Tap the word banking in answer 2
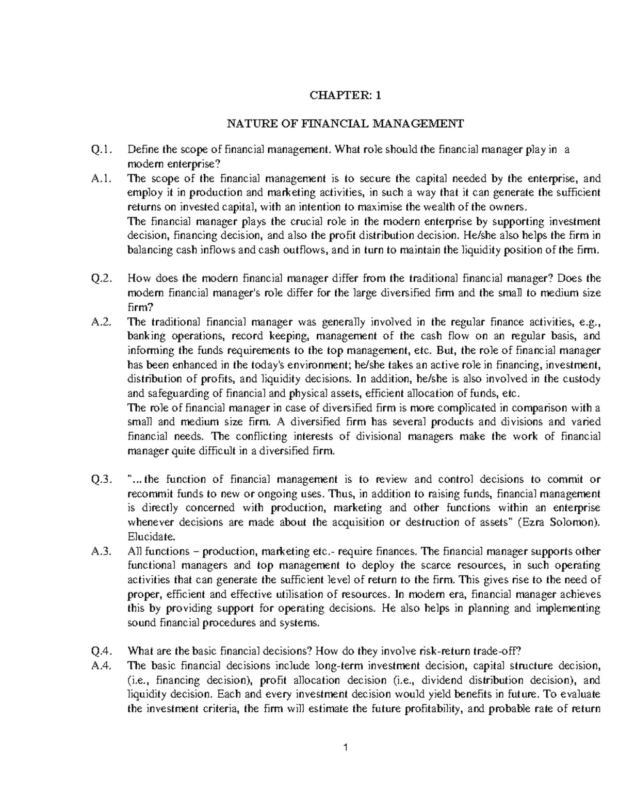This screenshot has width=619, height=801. pyautogui.click(x=144, y=336)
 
